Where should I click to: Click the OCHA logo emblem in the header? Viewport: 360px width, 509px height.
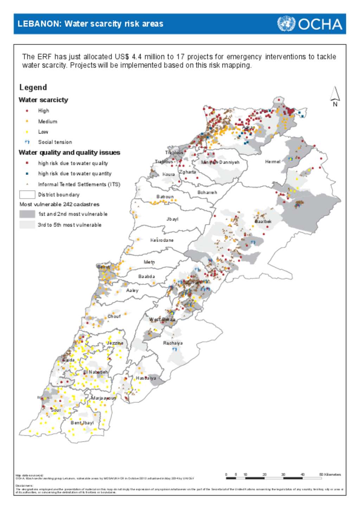coord(286,24)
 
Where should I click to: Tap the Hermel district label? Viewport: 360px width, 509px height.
coord(272,162)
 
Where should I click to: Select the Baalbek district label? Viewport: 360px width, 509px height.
coord(263,222)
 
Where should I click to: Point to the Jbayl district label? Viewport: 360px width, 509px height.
coord(172,219)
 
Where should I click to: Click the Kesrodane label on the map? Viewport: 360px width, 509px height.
coord(162,240)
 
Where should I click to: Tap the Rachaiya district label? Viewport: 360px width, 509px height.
coord(173,343)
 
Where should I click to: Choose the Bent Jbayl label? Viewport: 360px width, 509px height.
coord(82,423)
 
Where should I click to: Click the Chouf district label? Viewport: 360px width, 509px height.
coord(114,317)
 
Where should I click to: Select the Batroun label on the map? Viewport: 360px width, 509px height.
coord(165,197)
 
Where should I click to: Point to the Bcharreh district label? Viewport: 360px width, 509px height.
coord(207,193)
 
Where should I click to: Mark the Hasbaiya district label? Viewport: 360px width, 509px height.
coord(146,378)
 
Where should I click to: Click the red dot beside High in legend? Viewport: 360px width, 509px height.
coord(27,111)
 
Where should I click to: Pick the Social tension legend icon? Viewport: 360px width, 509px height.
coord(27,142)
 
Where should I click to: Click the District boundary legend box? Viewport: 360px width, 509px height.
coord(27,195)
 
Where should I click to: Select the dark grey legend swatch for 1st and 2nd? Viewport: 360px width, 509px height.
coord(27,214)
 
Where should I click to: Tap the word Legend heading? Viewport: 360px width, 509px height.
coord(33,88)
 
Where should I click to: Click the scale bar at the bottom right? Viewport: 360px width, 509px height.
coord(274,478)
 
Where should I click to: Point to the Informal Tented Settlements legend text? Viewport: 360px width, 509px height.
coord(79,184)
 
